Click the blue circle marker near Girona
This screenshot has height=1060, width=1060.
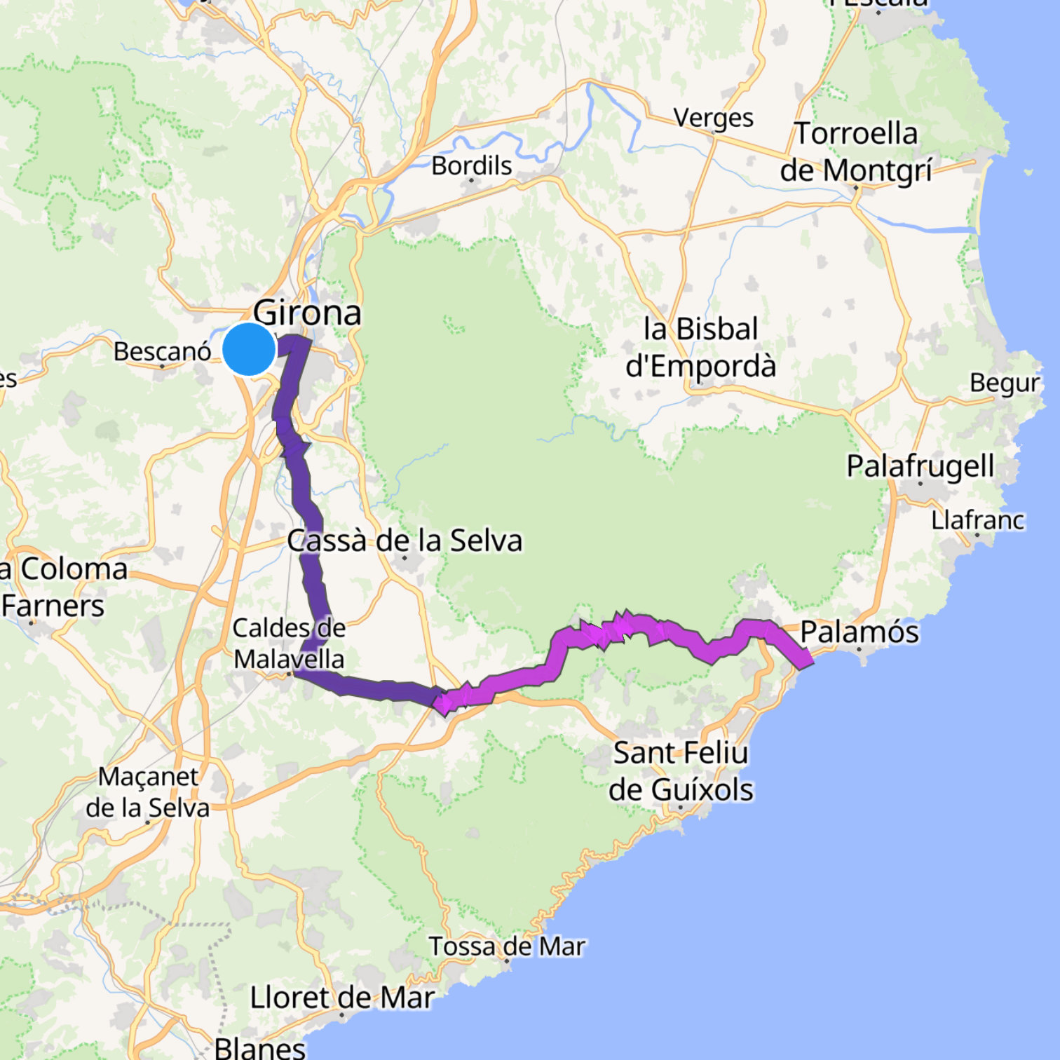pos(249,348)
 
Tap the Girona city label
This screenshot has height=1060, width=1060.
pos(307,313)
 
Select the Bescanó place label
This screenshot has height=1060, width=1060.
pos(162,351)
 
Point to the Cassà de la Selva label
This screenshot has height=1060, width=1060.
pos(405,541)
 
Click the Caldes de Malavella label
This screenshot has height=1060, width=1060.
pos(289,644)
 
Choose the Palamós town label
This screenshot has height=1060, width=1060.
pos(859,632)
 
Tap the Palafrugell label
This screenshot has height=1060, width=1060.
pos(920,466)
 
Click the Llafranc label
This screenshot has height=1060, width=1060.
pos(977,521)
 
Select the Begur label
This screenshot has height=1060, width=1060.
pos(1005,383)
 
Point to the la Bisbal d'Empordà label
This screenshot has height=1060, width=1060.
pos(700,348)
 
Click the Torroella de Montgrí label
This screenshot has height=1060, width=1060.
pos(856,152)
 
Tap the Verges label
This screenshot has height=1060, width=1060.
pos(714,118)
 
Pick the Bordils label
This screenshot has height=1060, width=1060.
pos(471,165)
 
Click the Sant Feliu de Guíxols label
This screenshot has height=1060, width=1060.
pos(681,771)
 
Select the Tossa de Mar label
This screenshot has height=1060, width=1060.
pos(507,946)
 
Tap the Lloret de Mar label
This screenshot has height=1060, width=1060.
pos(342,998)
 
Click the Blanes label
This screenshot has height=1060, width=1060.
pos(260,1048)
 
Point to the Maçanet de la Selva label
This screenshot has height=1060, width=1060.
pos(148,792)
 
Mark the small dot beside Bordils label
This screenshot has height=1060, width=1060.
pos(471,181)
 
